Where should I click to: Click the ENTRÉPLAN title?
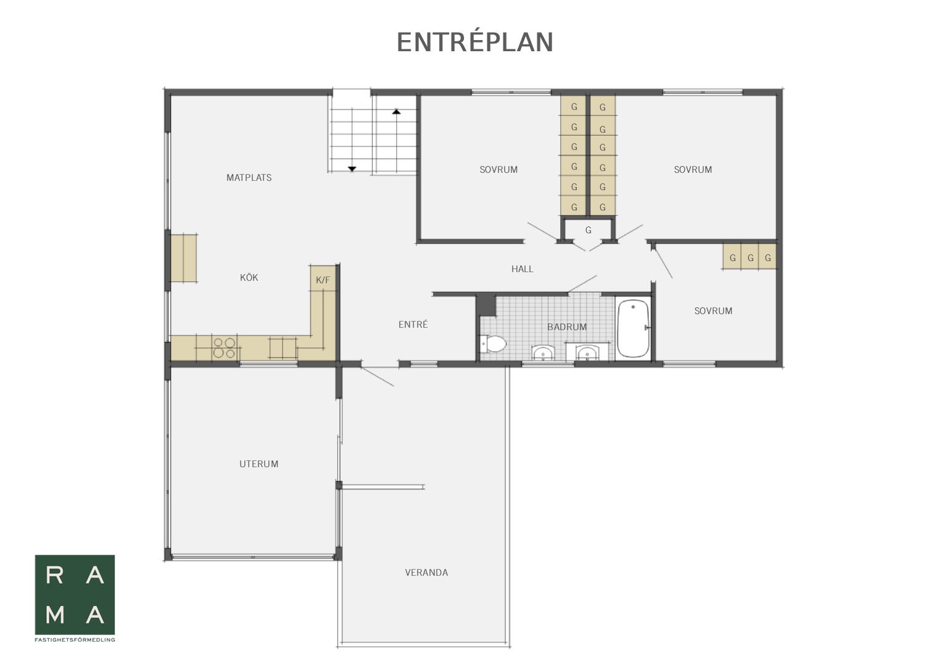[475, 42]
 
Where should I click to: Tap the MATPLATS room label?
[249, 178]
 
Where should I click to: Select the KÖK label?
[249, 278]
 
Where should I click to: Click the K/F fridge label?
[323, 280]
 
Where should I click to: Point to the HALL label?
[522, 269]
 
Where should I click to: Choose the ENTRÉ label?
[413, 325]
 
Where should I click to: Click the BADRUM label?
[567, 327]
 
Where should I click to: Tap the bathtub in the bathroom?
[633, 329]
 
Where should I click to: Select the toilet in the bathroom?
[493, 344]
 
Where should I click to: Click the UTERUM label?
[258, 464]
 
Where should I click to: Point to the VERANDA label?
[426, 573]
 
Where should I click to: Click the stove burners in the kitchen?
[224, 347]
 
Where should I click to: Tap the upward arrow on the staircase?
[396, 112]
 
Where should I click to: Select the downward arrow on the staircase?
[352, 168]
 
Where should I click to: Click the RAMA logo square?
[75, 595]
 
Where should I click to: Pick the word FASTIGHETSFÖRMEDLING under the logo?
[75, 640]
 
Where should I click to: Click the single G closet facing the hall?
[588, 230]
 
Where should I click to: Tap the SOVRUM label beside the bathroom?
[713, 311]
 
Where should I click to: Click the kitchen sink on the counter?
[283, 347]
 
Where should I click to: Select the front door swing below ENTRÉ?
[377, 376]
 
